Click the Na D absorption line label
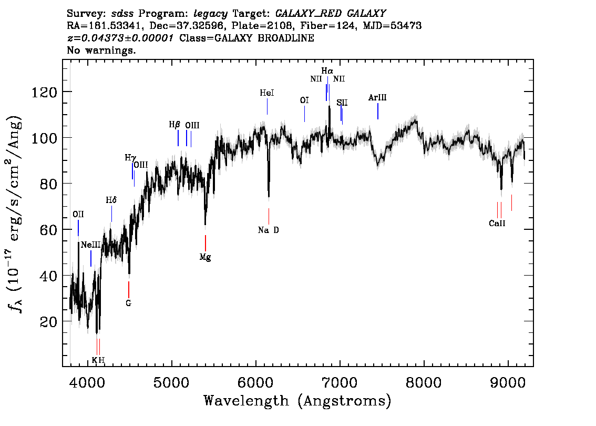269,230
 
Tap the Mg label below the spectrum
205,258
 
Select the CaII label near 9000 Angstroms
497,224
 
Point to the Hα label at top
327,71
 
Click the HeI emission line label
267,93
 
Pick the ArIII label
377,97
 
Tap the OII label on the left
78,214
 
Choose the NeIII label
91,245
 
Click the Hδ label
111,200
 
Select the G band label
128,303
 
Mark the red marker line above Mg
205,243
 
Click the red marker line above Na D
269,217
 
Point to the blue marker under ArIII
378,111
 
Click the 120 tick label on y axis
44,92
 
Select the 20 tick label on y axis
49,322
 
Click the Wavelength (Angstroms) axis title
297,401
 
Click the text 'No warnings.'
101,50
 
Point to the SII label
342,103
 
